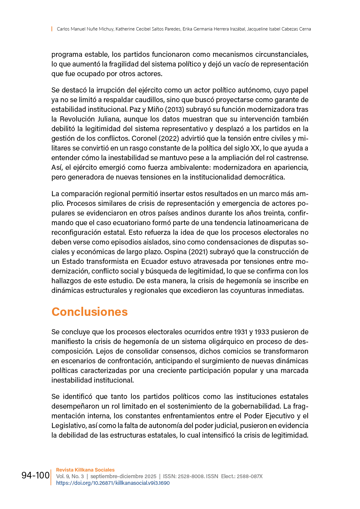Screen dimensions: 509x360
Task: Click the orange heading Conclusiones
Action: [89, 312]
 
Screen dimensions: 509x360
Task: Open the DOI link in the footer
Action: [113, 483]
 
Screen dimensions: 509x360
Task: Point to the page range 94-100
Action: [35, 475]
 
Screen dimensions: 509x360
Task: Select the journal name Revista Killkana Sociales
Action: [85, 470]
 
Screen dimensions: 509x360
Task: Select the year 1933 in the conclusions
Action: [262, 332]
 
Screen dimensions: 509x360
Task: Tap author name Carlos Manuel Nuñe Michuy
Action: [85, 29]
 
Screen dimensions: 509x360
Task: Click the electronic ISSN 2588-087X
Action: [249, 476]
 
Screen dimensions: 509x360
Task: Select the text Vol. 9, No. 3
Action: [70, 476]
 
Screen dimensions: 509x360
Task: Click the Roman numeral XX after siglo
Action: [255, 148]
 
